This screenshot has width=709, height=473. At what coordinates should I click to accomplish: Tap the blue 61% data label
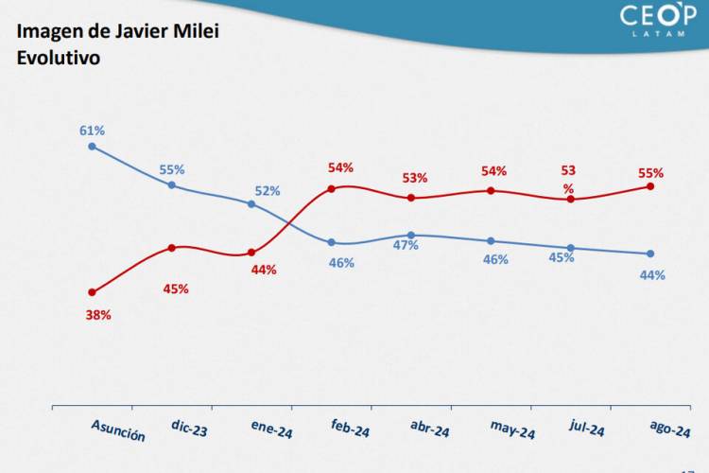[92, 130]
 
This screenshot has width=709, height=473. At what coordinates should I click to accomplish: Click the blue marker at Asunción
[92, 147]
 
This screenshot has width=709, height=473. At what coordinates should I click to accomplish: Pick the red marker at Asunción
[92, 292]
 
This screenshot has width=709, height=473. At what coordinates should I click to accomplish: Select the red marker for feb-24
[332, 188]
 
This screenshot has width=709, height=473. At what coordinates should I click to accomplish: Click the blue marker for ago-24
[650, 254]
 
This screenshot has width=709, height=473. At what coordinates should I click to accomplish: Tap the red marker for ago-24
[650, 185]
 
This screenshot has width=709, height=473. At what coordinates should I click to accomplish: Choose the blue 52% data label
[268, 191]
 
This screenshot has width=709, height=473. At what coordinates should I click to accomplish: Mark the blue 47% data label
[406, 246]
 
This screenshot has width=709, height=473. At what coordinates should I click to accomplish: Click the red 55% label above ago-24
[650, 173]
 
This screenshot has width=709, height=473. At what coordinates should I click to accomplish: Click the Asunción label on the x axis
[118, 431]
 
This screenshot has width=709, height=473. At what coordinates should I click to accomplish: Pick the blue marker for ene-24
[251, 203]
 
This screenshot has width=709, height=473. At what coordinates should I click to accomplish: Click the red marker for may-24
[491, 190]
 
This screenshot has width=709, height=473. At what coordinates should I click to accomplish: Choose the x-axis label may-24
[512, 431]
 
